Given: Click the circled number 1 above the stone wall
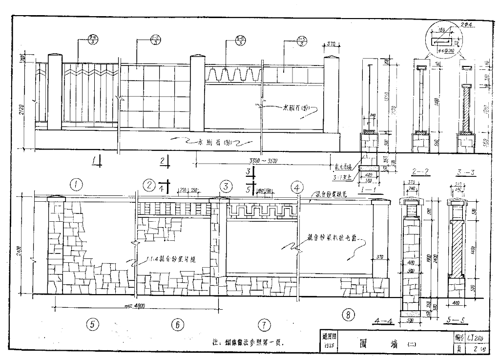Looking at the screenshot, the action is pos(76,185).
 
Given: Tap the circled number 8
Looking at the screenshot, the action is pos(347,315).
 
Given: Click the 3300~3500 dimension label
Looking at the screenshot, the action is pos(262,161).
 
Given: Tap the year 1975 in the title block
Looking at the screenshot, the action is pos(329,347).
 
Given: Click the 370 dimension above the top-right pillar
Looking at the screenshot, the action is pos(331,44).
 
